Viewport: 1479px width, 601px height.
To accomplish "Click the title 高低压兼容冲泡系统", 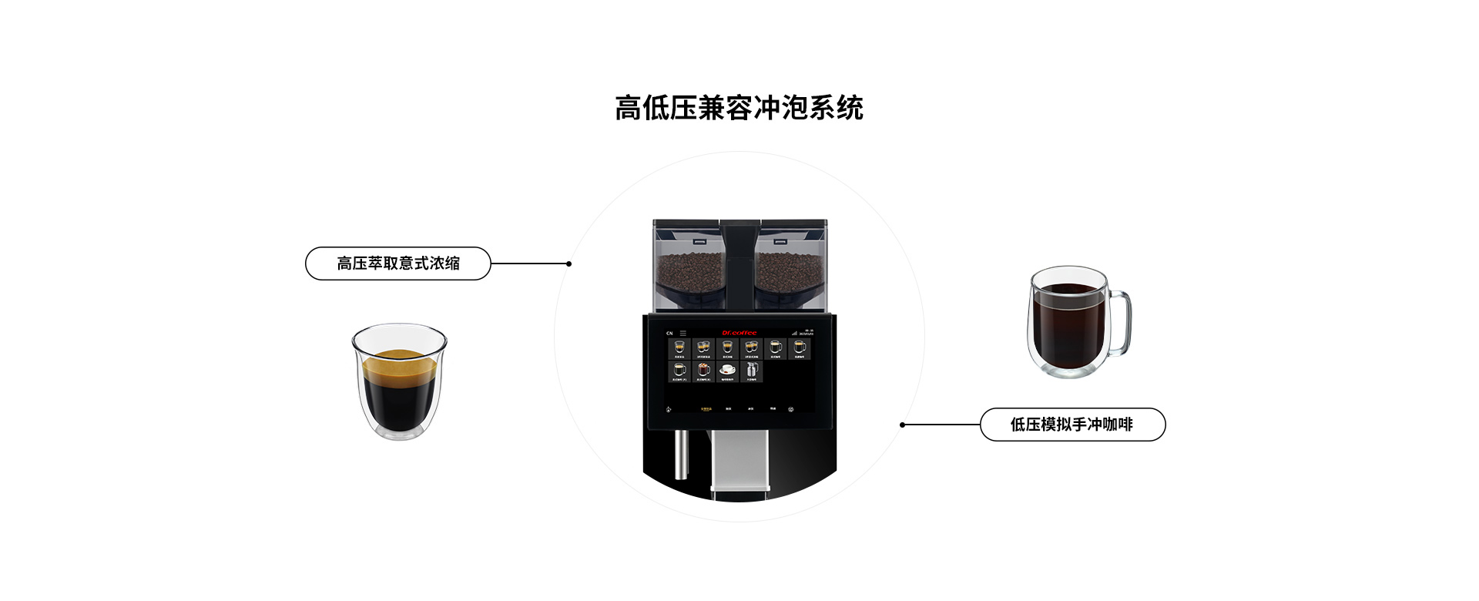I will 739,109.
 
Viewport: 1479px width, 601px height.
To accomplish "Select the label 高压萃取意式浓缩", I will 397,264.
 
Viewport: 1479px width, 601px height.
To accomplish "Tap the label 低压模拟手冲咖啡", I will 1072,425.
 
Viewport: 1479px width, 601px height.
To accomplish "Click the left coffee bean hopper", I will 687,266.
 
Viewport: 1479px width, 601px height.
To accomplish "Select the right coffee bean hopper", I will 792,266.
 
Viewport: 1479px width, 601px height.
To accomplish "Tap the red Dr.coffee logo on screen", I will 739,333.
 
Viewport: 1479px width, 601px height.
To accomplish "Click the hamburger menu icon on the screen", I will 682,333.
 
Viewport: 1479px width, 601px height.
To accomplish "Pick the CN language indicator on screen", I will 669,333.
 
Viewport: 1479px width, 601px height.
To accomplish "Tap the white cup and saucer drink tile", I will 727,371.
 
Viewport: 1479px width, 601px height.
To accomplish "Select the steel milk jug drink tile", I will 751,371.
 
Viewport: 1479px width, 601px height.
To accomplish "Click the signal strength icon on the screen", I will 794,333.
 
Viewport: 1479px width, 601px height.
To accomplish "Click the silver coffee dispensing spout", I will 739,458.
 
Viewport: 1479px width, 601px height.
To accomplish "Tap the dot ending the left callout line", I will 568,264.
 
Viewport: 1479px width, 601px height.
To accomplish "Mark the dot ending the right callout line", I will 902,425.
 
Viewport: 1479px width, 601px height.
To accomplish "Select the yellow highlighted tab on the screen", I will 706,409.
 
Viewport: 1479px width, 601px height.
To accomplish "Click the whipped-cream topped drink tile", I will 703,348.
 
